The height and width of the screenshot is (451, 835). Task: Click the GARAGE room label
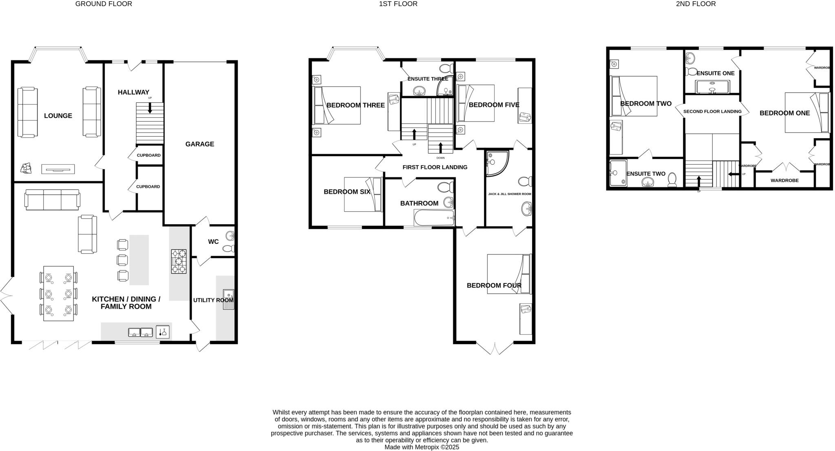(x=199, y=144)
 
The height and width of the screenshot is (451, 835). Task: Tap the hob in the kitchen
(x=179, y=261)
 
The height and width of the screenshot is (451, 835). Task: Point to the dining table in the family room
(x=58, y=293)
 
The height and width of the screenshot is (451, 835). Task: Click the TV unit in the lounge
(x=58, y=169)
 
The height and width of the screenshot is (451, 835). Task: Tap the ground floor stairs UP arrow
(x=150, y=108)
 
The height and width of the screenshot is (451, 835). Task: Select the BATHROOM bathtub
(x=434, y=218)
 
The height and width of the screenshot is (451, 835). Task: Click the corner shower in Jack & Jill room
(x=496, y=163)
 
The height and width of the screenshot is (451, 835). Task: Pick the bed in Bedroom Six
(x=362, y=194)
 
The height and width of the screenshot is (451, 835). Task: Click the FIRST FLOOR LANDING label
(x=435, y=167)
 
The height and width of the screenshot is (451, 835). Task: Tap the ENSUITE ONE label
(x=716, y=73)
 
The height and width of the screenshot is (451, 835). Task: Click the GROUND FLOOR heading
(x=104, y=4)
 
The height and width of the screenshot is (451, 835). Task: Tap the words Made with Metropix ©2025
(x=422, y=447)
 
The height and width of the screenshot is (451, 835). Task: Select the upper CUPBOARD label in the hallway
(x=148, y=155)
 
